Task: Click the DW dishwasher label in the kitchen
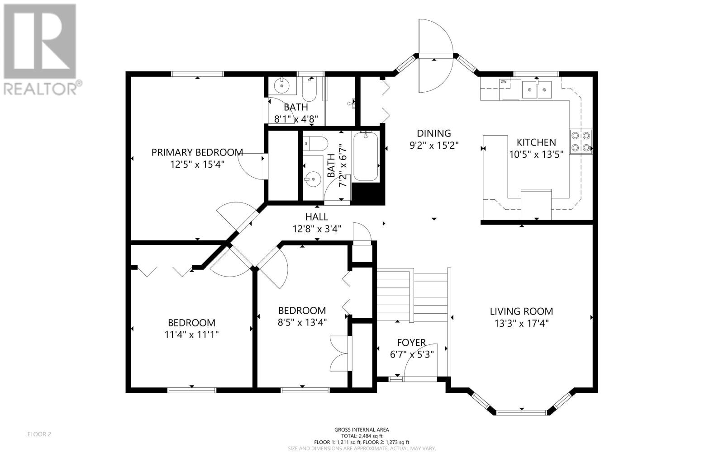tap(503, 82)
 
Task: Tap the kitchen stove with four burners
tap(581, 141)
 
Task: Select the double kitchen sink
tap(537, 89)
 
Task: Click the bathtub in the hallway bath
tap(366, 156)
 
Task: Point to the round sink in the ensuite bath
tap(282, 85)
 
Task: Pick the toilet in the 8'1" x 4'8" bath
tap(310, 89)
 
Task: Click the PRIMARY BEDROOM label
tap(197, 152)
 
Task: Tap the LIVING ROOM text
tap(521, 311)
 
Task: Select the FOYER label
tap(411, 343)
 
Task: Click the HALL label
tap(317, 217)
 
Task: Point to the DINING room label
tap(434, 133)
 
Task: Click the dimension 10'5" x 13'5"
tap(537, 155)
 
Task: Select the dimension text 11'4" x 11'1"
tap(192, 335)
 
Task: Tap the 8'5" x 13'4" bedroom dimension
tap(302, 323)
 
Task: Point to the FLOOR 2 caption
tap(39, 434)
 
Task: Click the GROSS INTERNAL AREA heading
tap(362, 430)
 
